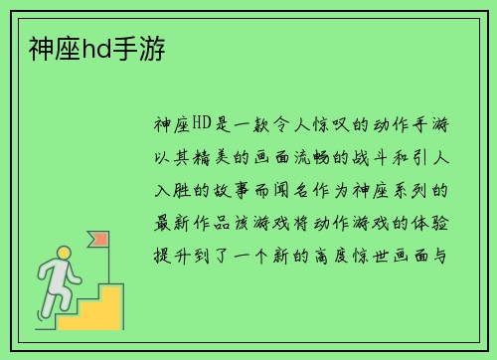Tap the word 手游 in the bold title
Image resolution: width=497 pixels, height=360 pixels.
click(x=136, y=47)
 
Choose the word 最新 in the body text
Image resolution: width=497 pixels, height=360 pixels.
click(x=165, y=222)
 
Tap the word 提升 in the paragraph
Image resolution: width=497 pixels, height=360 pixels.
click(x=165, y=254)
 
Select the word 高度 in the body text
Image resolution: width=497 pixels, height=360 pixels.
click(x=356, y=254)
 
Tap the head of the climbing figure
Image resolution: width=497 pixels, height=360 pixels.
click(x=64, y=254)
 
